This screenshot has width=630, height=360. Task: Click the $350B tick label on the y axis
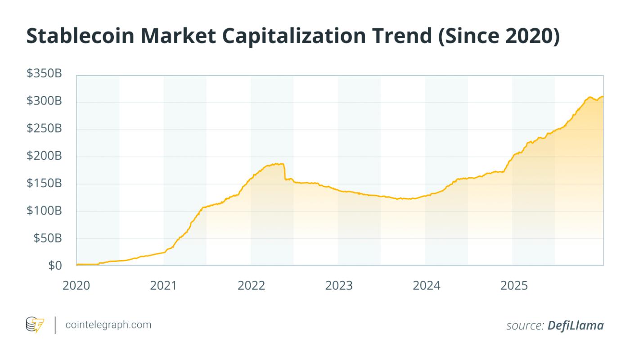(44, 74)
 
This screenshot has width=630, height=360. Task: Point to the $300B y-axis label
(44, 101)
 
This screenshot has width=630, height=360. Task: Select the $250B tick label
(44, 129)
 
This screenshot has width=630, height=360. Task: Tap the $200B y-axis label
(44, 156)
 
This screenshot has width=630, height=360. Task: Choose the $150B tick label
(44, 184)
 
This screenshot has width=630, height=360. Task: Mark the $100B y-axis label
(44, 211)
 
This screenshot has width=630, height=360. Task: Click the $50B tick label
(47, 238)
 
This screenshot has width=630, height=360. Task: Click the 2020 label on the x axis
(76, 285)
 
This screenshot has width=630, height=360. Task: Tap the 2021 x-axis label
(164, 285)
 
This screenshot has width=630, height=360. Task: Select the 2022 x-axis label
(251, 285)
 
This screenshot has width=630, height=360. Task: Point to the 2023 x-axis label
(339, 285)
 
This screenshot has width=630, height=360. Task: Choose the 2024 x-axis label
(426, 285)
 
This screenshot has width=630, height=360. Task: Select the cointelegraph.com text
(108, 324)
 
